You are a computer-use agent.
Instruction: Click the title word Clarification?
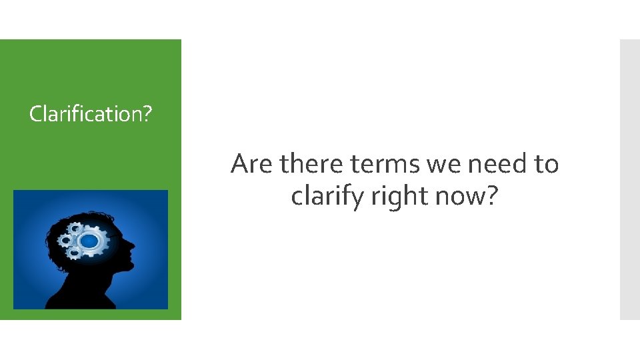point(91,114)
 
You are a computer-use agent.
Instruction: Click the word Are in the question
point(253,163)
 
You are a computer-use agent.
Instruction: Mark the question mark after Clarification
point(147,114)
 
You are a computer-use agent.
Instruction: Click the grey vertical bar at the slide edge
point(629,179)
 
